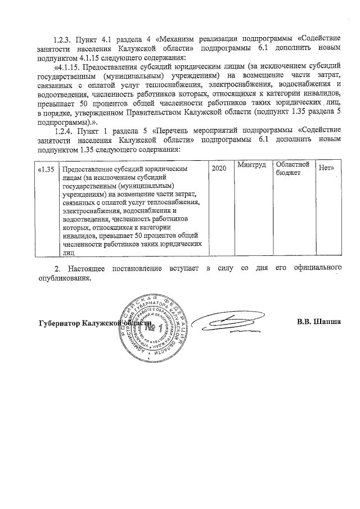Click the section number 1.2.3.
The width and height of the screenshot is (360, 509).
61,40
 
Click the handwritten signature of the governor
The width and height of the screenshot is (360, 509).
236,323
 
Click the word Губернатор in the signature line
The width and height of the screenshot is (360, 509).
58,324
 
